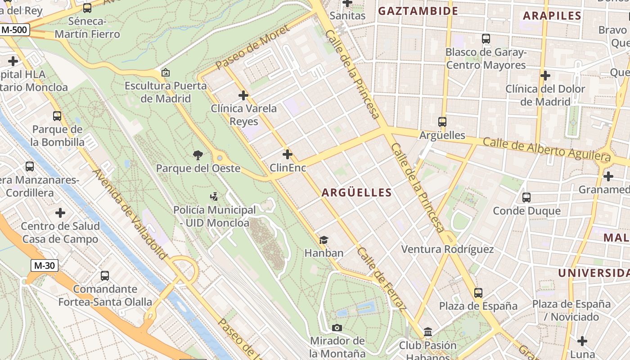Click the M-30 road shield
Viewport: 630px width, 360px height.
coord(45,265)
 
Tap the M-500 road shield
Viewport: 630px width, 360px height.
coord(15,30)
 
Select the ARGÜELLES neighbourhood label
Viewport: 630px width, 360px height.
coord(356,193)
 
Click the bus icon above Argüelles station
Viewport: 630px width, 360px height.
coord(442,121)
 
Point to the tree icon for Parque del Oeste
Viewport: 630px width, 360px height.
coord(198,155)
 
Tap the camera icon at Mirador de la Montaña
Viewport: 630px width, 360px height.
coord(337,328)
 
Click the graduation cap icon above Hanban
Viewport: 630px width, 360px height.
coord(324,240)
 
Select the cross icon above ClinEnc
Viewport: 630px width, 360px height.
coord(288,154)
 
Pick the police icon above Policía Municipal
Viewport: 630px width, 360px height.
coord(214,196)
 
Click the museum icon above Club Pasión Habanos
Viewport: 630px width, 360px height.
coord(428,332)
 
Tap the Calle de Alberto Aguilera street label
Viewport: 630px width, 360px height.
coord(547,150)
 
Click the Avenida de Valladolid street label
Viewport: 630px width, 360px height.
coord(130,214)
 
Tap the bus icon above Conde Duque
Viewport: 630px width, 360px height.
coord(526,197)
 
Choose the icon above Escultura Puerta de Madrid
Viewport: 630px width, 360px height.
coord(165,72)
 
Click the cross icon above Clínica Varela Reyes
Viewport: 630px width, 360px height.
coord(243,95)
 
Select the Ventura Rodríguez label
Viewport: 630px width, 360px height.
coord(447,249)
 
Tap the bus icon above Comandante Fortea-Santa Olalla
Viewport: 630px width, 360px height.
coord(105,275)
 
